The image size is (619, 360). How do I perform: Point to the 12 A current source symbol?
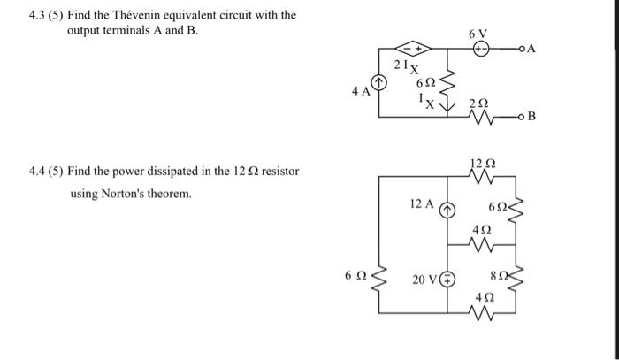click(x=447, y=209)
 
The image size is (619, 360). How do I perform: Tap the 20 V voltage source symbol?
click(x=447, y=280)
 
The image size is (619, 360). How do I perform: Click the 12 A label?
click(x=423, y=204)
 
